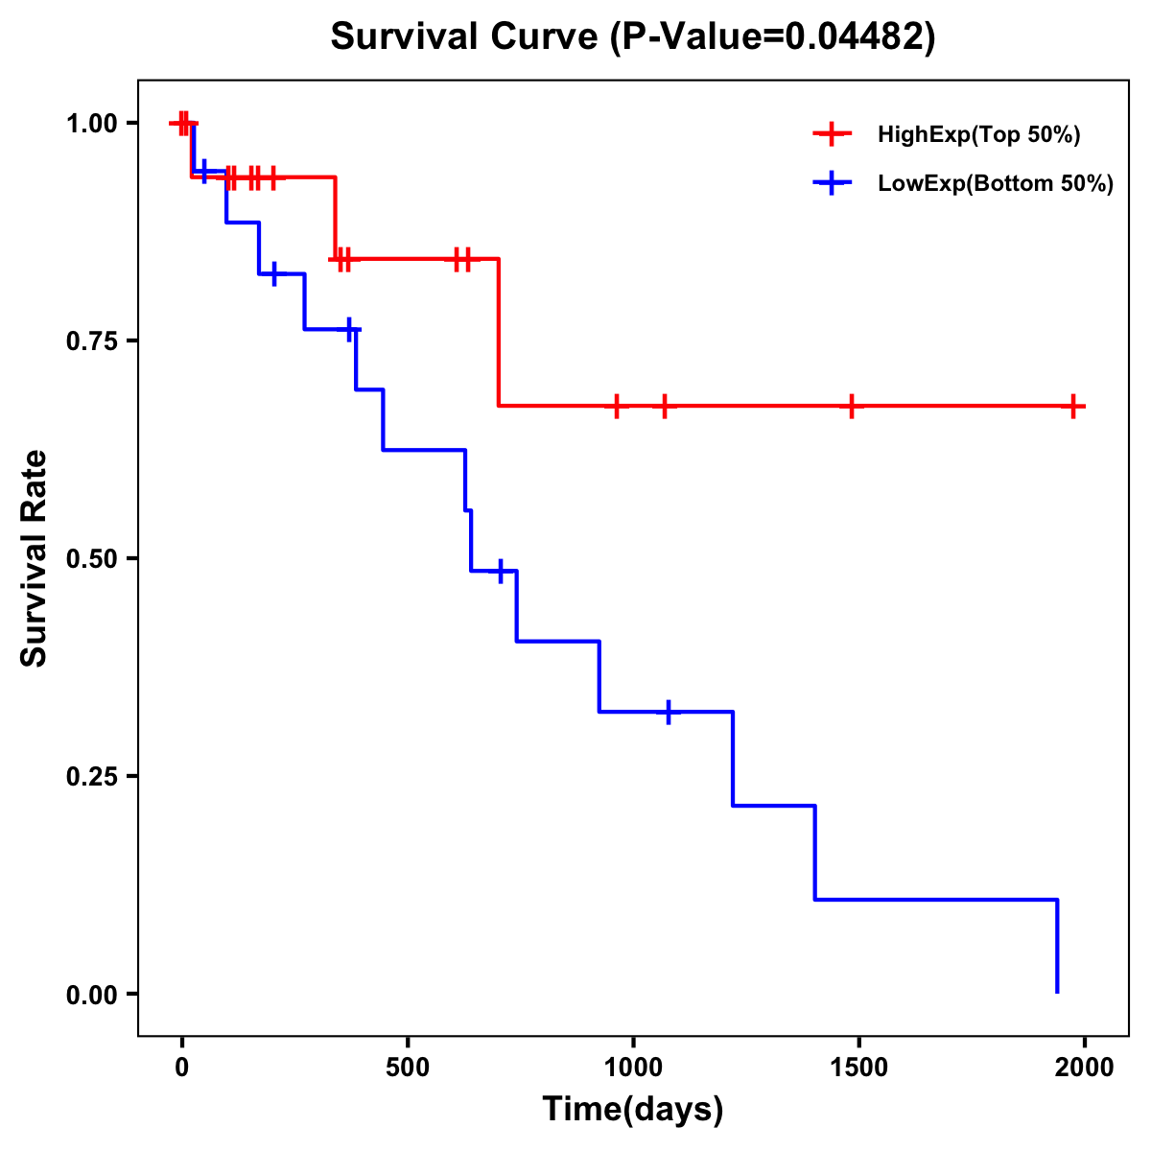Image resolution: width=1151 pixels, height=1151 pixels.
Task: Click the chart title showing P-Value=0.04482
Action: click(632, 36)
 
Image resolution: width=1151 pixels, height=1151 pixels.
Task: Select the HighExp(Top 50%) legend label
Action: click(978, 135)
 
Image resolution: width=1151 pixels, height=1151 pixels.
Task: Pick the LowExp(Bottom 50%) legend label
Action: click(996, 184)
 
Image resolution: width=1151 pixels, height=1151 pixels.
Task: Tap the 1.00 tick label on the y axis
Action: click(91, 124)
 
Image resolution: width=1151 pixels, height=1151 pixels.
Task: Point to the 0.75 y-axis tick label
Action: click(91, 341)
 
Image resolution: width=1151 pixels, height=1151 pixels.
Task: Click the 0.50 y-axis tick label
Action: click(91, 559)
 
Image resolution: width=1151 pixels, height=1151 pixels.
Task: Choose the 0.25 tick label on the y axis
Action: click(91, 777)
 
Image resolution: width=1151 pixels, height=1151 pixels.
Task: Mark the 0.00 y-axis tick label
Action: click(91, 995)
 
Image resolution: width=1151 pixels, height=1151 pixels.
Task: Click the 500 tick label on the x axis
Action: click(408, 1069)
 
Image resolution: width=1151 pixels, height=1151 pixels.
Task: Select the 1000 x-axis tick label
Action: click(633, 1069)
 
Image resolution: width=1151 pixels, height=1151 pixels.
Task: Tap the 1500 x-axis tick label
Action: click(858, 1069)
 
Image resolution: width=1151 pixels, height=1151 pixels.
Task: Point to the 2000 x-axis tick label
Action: click(1084, 1069)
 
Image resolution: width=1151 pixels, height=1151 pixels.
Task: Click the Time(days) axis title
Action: click(633, 1110)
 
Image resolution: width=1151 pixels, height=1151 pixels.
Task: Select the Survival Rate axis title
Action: click(35, 558)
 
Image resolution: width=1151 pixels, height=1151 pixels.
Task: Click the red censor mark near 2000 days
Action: click(1074, 407)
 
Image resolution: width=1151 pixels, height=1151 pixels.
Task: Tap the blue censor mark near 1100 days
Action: click(669, 712)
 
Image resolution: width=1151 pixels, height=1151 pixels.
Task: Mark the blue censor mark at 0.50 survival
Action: click(501, 571)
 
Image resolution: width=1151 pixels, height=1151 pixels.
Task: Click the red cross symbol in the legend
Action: click(832, 135)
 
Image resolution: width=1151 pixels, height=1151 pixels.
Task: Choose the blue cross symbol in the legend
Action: click(832, 184)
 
